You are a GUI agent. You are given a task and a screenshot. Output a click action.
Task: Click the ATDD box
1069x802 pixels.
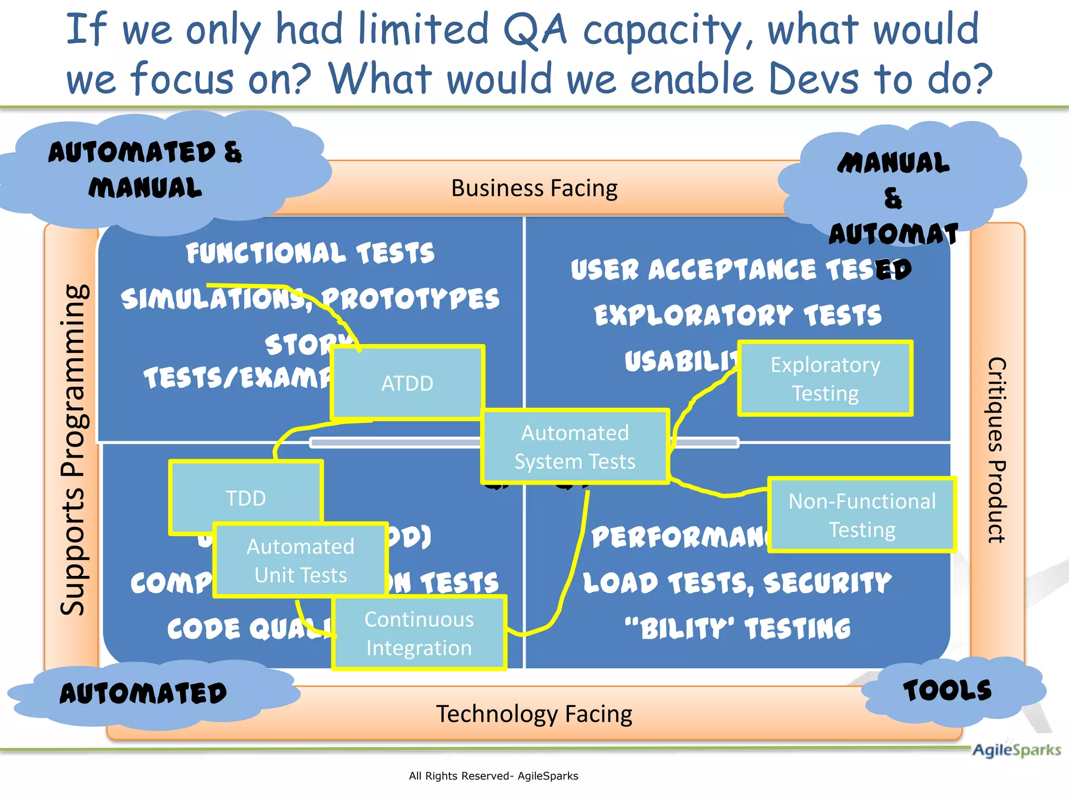coord(407,383)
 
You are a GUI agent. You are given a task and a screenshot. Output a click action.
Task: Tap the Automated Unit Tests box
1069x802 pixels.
coord(301,561)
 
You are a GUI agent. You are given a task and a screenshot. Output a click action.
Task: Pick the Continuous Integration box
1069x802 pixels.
coord(419,633)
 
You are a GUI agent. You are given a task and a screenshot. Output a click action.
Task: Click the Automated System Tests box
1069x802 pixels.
coord(575,447)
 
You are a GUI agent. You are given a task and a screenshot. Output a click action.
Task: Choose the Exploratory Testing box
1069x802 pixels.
coord(825,379)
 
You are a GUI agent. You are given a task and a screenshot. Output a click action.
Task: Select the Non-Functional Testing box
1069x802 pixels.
coord(862,515)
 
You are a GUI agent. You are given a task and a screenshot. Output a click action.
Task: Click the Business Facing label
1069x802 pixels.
coord(534,188)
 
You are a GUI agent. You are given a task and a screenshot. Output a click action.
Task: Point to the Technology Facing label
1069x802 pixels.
coord(534,714)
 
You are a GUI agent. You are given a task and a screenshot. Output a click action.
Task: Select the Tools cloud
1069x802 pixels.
coord(947,691)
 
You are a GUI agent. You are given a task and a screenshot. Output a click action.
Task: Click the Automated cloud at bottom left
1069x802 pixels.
coord(143,694)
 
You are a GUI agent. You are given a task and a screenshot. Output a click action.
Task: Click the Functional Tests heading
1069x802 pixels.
coord(310,253)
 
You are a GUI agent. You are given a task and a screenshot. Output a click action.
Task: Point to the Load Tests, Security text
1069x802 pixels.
coord(737,583)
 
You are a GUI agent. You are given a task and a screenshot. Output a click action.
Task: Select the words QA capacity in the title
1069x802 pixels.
coord(621,30)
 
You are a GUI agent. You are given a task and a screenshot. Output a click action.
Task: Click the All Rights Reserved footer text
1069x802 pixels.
coord(493,776)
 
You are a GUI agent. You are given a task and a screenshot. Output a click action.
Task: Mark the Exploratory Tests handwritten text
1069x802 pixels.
coord(738,315)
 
